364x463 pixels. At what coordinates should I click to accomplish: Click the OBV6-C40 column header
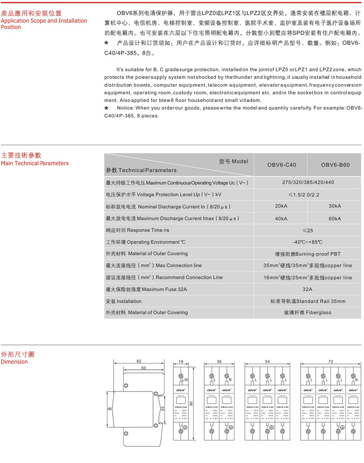pyautogui.click(x=282, y=165)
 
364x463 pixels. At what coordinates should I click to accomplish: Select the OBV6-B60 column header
pyautogui.click(x=335, y=165)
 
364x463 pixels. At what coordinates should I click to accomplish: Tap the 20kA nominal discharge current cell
pyautogui.click(x=281, y=206)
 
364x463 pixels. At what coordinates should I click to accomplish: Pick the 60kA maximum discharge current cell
pyautogui.click(x=335, y=218)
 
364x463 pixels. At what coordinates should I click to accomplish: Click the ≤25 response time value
pyautogui.click(x=307, y=230)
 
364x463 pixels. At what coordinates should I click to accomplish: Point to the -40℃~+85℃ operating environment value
pyautogui.click(x=307, y=242)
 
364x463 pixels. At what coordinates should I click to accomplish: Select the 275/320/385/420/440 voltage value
pyautogui.click(x=308, y=182)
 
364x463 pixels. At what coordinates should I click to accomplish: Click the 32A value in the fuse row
pyautogui.click(x=307, y=288)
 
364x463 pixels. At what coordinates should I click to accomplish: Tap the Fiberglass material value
pyautogui.click(x=307, y=312)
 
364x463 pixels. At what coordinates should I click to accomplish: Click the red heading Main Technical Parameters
pyautogui.click(x=35, y=163)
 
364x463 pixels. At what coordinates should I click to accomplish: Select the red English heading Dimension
pyautogui.click(x=14, y=362)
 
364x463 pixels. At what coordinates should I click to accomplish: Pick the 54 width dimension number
pyautogui.click(x=267, y=362)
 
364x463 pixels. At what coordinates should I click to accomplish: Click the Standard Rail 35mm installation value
pyautogui.click(x=308, y=301)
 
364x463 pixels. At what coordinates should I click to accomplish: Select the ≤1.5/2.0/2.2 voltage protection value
pyautogui.click(x=307, y=194)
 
